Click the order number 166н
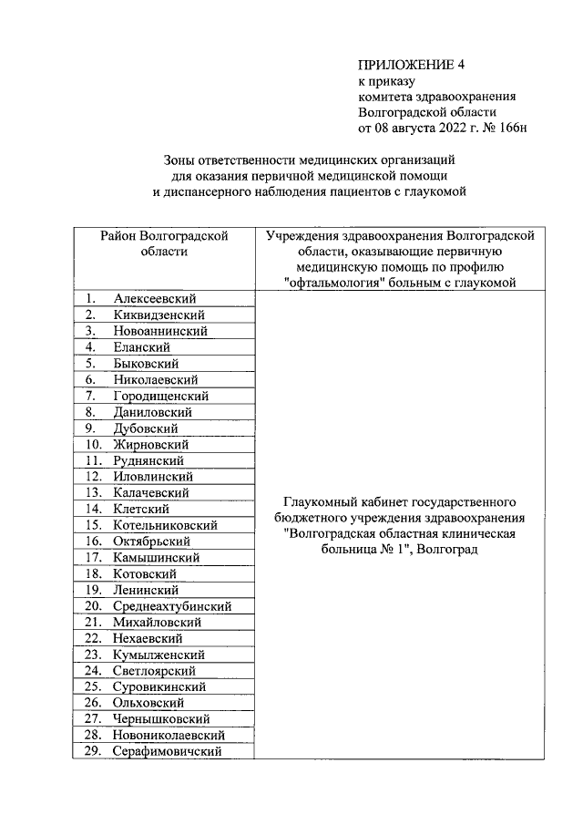click(510, 127)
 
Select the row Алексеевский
click(155, 299)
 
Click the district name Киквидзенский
click(159, 315)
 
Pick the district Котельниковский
click(165, 525)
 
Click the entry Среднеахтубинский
click(172, 606)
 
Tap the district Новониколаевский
click(169, 735)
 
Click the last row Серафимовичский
click(169, 751)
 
